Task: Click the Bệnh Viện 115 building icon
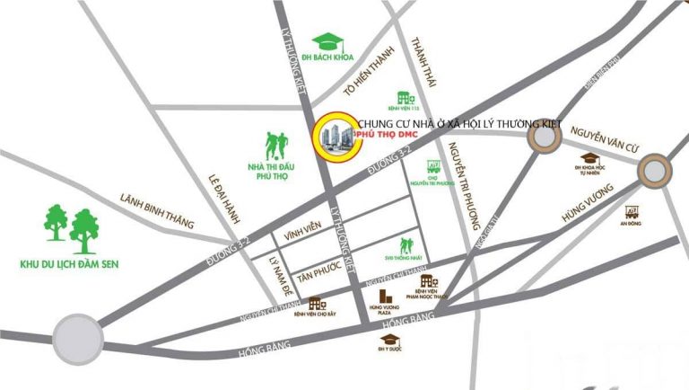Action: (405, 96)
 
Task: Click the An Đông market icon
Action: (632, 212)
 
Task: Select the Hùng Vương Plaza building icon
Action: (385, 296)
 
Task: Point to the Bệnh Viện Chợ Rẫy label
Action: (318, 318)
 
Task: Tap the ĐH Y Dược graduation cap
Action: (388, 339)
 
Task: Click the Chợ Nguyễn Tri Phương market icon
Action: (433, 168)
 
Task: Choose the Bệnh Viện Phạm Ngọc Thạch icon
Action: (427, 282)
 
